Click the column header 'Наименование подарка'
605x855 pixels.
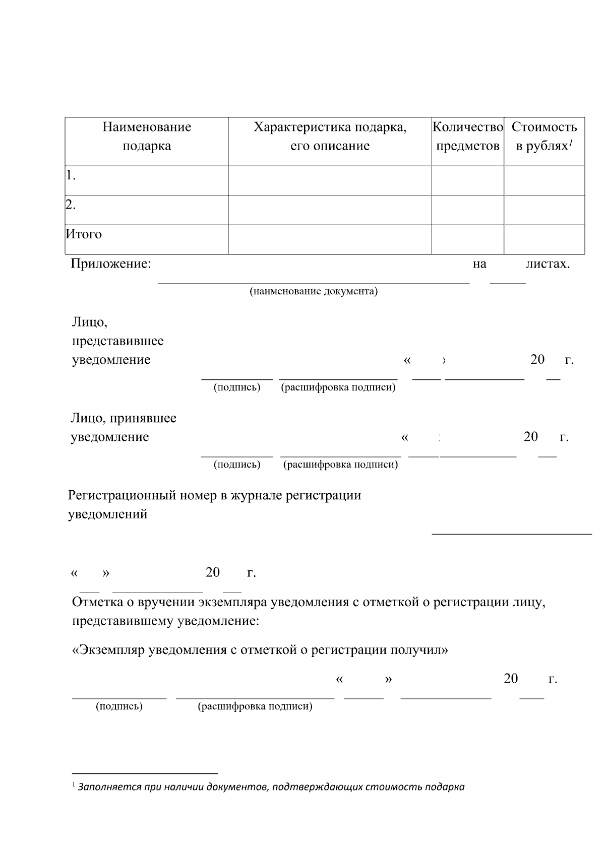click(147, 137)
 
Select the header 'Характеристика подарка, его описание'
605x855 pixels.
click(330, 137)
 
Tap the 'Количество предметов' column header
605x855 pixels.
click(468, 137)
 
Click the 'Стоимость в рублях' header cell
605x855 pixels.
click(544, 137)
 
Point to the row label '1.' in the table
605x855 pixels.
click(71, 176)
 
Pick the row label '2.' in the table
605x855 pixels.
click(71, 205)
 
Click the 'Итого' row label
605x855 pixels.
click(84, 234)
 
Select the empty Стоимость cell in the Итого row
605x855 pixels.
click(544, 239)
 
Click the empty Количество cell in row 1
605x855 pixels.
click(467, 180)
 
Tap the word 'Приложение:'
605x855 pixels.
click(111, 264)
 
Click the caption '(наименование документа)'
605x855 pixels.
click(314, 292)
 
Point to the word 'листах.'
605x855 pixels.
click(548, 264)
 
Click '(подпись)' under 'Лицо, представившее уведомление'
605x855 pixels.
click(237, 387)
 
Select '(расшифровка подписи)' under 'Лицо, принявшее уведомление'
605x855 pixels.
click(340, 465)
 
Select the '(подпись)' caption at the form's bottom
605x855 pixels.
click(119, 706)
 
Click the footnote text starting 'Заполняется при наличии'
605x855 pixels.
click(271, 787)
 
